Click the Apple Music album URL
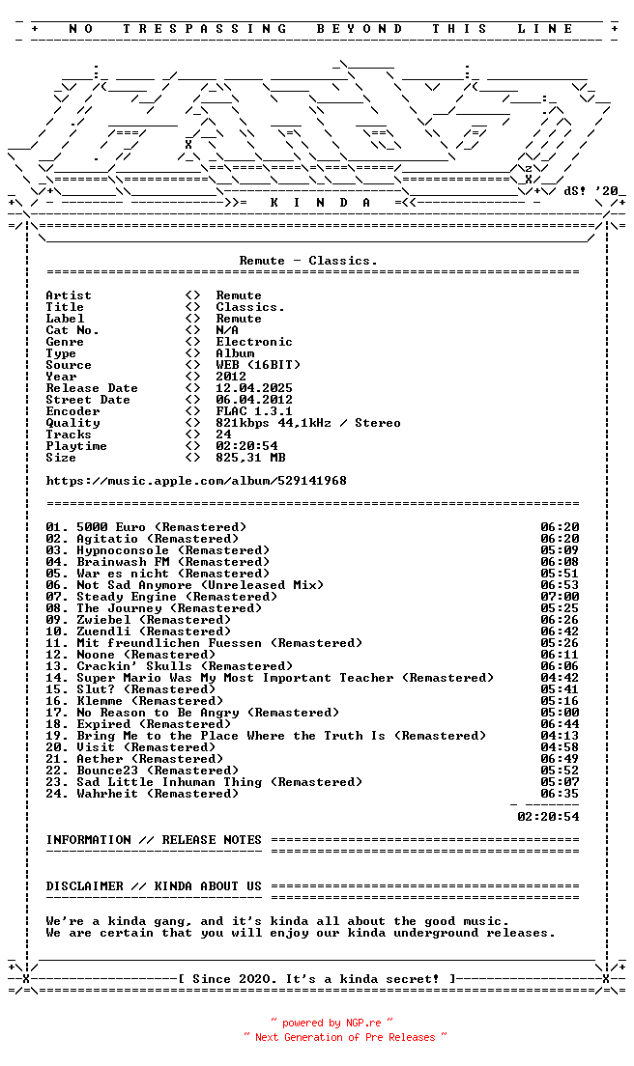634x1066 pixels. click(196, 481)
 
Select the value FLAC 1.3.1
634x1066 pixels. click(254, 411)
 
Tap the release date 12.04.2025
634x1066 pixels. click(254, 388)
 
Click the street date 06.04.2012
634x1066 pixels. click(254, 400)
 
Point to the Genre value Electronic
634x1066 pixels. click(254, 342)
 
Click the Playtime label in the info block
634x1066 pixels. click(76, 446)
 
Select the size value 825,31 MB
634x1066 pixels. click(250, 458)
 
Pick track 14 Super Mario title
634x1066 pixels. click(285, 678)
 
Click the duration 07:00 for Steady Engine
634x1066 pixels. click(560, 597)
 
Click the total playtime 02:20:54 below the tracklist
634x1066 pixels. click(548, 817)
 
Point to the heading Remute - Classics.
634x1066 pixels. click(308, 261)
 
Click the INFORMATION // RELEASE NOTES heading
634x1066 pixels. click(154, 840)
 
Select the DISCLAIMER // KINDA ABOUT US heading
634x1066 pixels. click(154, 886)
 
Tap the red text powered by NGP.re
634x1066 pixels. click(331, 1023)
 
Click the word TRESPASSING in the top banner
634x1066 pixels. click(205, 29)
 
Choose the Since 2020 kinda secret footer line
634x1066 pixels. click(316, 979)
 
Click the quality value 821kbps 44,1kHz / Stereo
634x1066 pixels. click(307, 423)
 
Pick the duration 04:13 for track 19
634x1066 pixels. click(560, 736)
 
